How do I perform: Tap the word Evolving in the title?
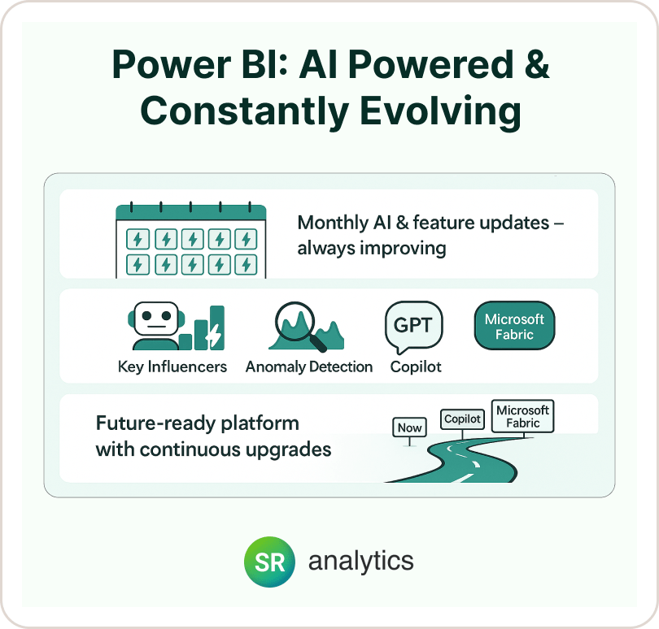pos(441,111)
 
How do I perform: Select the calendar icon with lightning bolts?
pos(191,240)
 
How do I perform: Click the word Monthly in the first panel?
pos(333,223)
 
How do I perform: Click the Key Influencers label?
pos(172,367)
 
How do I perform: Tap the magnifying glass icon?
pos(299,325)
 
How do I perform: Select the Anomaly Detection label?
pos(309,367)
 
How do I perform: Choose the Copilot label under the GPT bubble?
pos(416,367)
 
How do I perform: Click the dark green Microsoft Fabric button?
pos(514,325)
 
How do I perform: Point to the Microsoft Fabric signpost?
pos(522,416)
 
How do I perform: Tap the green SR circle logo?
pos(269,562)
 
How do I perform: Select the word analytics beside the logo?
pos(361,561)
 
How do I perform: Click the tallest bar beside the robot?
pos(217,328)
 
